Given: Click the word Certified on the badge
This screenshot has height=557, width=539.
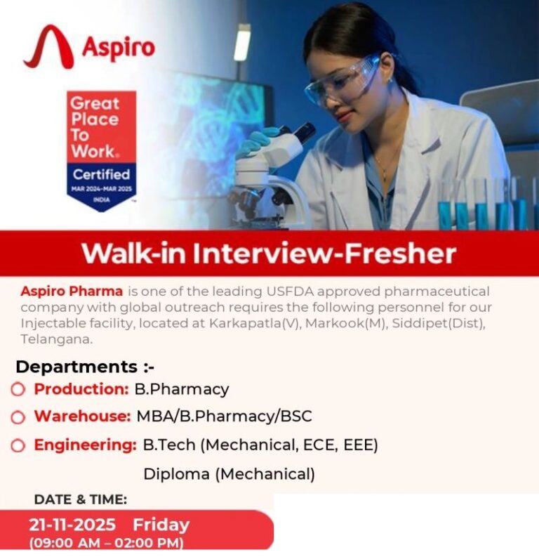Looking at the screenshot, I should pyautogui.click(x=102, y=174).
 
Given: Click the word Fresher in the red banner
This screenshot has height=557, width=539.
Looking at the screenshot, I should pyautogui.click(x=398, y=254).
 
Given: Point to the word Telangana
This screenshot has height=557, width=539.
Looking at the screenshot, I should pyautogui.click(x=55, y=339).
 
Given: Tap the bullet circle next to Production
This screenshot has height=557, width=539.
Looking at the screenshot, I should pyautogui.click(x=18, y=389).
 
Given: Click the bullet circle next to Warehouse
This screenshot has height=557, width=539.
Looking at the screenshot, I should pyautogui.click(x=18, y=417).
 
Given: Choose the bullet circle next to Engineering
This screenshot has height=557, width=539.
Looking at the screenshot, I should pyautogui.click(x=18, y=445).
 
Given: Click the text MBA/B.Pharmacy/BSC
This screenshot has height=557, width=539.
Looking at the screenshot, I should pyautogui.click(x=224, y=416).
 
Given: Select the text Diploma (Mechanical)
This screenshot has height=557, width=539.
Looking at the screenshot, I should pyautogui.click(x=229, y=474).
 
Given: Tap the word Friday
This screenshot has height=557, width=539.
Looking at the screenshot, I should pyautogui.click(x=161, y=525).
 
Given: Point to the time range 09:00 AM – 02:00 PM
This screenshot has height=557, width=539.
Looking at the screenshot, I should pyautogui.click(x=106, y=543).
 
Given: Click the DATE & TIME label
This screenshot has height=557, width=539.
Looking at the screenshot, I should pyautogui.click(x=81, y=499).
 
